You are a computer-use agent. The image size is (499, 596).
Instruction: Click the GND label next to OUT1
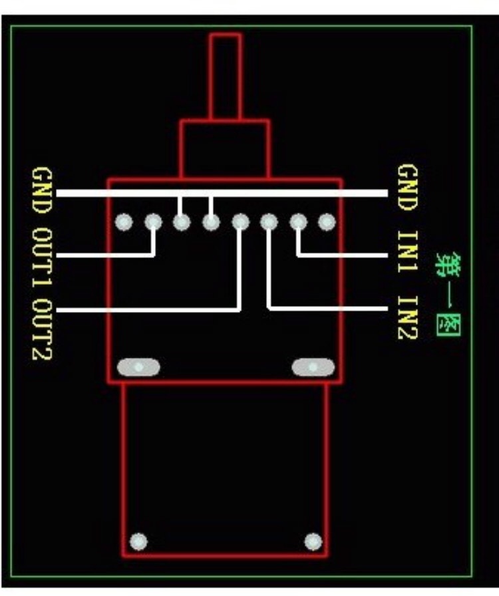pyautogui.click(x=42, y=191)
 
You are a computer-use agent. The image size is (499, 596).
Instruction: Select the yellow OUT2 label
pyautogui.click(x=42, y=330)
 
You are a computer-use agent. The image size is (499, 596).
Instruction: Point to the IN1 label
pyautogui.click(x=408, y=252)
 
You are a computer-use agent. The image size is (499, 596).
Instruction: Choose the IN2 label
pyautogui.click(x=408, y=317)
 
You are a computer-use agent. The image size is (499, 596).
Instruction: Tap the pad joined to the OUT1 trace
pyautogui.click(x=153, y=222)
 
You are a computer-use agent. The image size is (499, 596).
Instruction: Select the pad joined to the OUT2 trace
pyautogui.click(x=240, y=222)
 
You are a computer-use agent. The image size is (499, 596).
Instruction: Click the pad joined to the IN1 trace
pyautogui.click(x=298, y=222)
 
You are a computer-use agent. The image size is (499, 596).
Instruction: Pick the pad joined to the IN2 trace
pyautogui.click(x=269, y=222)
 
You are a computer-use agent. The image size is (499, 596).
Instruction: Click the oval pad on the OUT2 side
pyautogui.click(x=138, y=367)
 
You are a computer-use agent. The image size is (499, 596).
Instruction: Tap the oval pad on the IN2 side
pyautogui.click(x=313, y=367)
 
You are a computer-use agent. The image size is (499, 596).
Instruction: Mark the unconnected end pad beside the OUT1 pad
pyautogui.click(x=124, y=222)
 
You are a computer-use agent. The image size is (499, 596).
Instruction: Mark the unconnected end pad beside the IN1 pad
pyautogui.click(x=327, y=222)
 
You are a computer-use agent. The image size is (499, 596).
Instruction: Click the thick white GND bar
pyautogui.click(x=222, y=193)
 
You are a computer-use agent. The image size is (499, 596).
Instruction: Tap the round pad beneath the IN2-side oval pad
pyautogui.click(x=313, y=541)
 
